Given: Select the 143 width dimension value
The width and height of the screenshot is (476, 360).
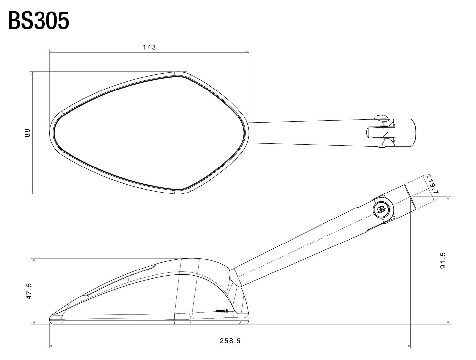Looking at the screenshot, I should click(x=149, y=47).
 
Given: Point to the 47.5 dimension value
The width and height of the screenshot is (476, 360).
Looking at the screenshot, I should click(x=29, y=291).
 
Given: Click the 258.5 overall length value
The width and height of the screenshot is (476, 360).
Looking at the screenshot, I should click(x=230, y=341).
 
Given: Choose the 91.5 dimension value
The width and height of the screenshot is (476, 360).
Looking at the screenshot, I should click(x=443, y=260).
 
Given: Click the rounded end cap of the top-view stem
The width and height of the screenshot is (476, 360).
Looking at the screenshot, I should click(x=412, y=133).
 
